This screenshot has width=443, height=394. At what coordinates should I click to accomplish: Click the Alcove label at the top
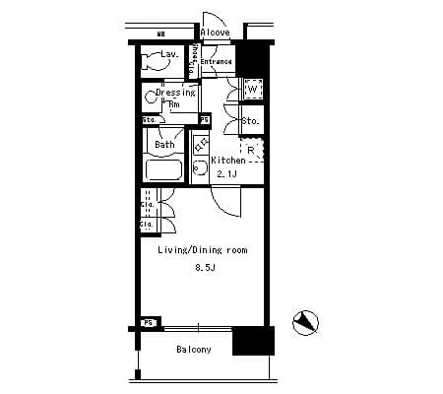click(x=215, y=33)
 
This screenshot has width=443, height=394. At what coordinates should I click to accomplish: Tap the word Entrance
click(x=217, y=62)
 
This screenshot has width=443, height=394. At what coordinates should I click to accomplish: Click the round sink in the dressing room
click(x=150, y=97)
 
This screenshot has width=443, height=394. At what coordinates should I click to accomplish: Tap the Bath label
click(x=164, y=144)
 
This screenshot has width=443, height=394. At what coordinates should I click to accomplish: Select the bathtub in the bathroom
click(x=163, y=169)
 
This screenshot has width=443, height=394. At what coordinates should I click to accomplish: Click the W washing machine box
click(x=252, y=90)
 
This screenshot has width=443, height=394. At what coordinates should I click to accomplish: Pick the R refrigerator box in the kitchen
click(x=252, y=150)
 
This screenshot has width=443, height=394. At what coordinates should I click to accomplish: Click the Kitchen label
click(x=227, y=161)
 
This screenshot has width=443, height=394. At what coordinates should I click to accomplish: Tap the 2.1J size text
click(x=227, y=173)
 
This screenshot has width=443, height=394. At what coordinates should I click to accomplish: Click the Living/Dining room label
click(x=203, y=251)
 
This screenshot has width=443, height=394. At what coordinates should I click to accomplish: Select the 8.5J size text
click(x=204, y=267)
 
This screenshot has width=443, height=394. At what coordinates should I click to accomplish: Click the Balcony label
click(x=194, y=350)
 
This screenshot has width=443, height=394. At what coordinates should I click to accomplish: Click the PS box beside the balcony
click(x=149, y=322)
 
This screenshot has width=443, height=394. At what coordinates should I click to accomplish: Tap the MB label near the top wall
click(x=159, y=34)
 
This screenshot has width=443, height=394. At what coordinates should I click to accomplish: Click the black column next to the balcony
click(x=250, y=342)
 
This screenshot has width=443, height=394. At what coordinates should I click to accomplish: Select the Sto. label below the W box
click(x=250, y=121)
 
